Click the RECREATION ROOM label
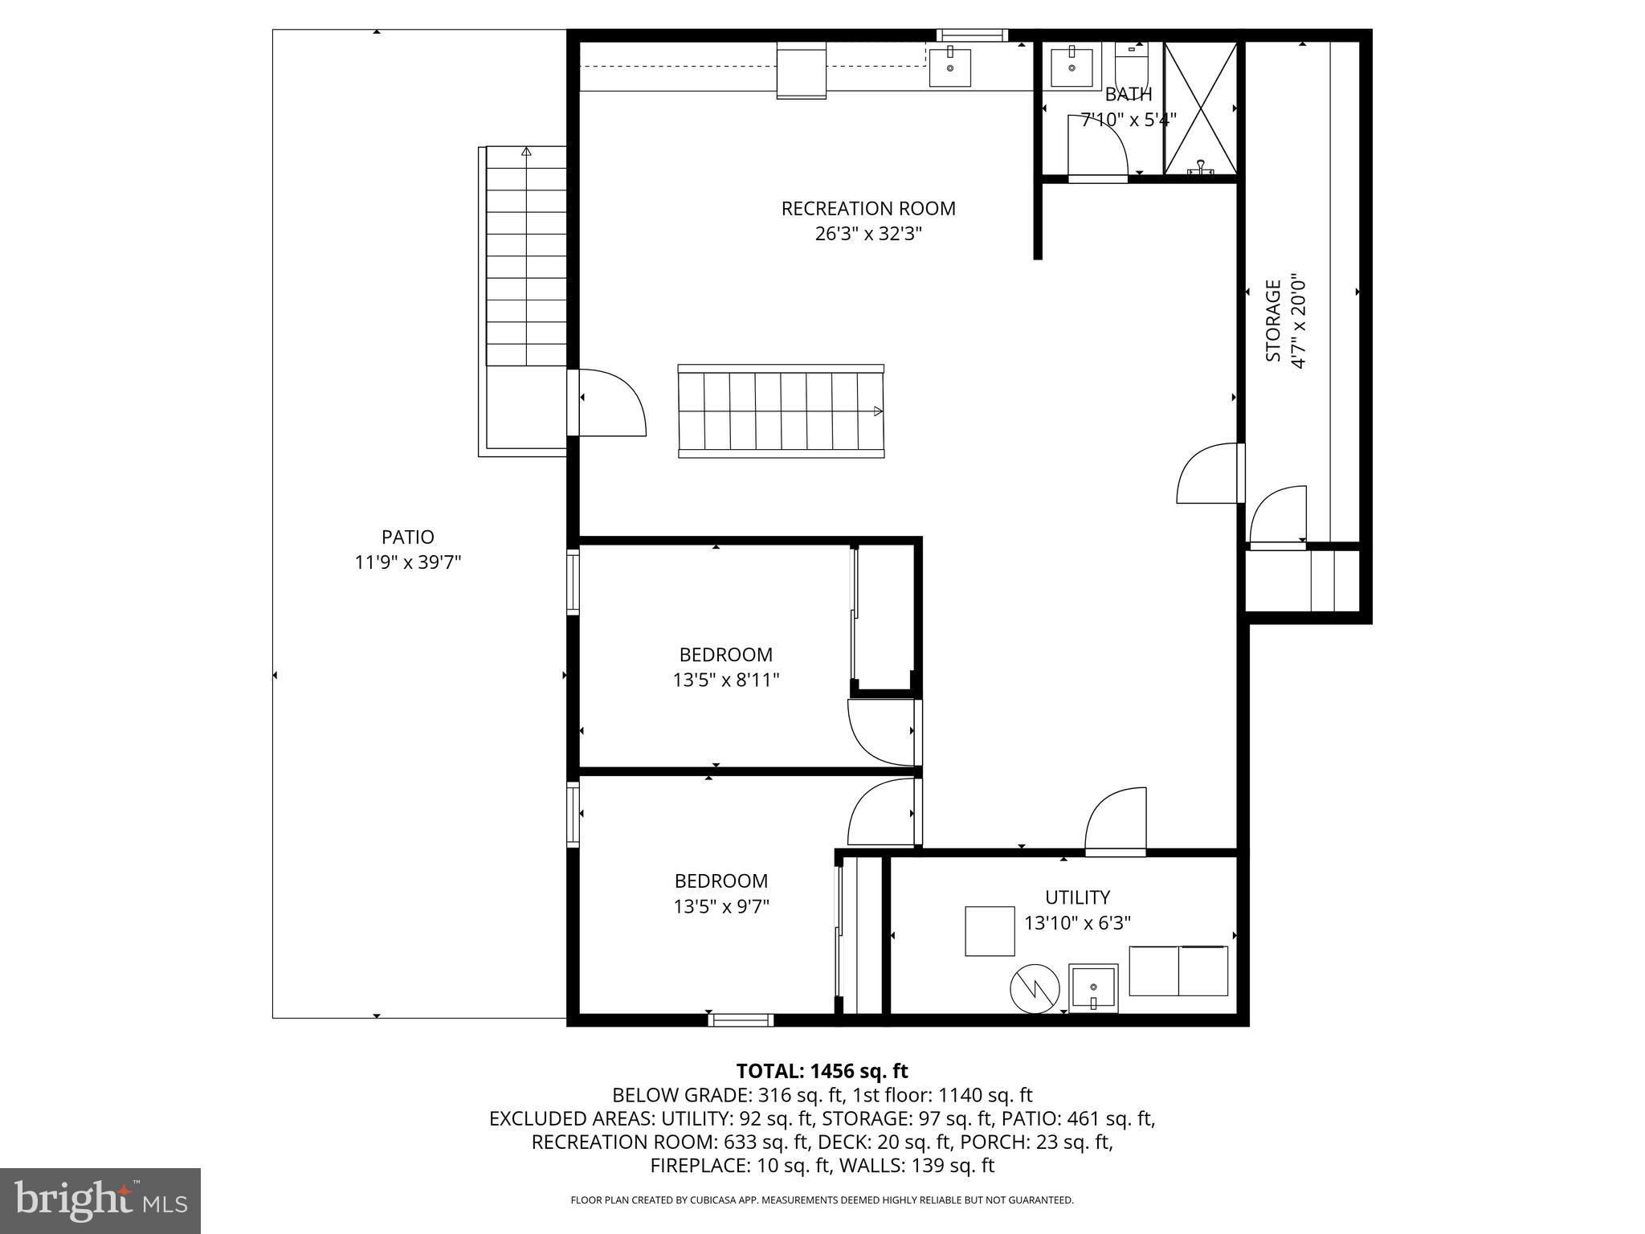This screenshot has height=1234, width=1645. tap(867, 209)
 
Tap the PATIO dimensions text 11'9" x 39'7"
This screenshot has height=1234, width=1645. tap(407, 562)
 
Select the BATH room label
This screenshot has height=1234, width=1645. tap(1128, 95)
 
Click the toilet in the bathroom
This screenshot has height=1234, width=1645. tap(1133, 64)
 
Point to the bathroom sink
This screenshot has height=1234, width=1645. tap(1071, 68)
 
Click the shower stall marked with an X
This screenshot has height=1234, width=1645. tap(1200, 108)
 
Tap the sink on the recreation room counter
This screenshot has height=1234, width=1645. tap(950, 67)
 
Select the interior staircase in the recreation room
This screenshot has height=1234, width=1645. tap(781, 411)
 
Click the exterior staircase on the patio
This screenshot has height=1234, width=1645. tap(526, 257)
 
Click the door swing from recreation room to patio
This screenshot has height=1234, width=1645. tap(612, 404)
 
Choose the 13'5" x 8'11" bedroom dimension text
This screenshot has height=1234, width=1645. tap(725, 680)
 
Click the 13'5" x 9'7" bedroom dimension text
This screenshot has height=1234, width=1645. tap(721, 906)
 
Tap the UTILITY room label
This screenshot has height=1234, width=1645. tap(1077, 897)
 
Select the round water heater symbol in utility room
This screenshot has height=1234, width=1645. tap(1035, 988)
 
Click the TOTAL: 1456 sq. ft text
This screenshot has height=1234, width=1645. tap(822, 1071)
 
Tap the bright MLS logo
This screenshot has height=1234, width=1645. tap(100, 1201)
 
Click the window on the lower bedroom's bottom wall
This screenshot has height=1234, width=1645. tap(741, 1020)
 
